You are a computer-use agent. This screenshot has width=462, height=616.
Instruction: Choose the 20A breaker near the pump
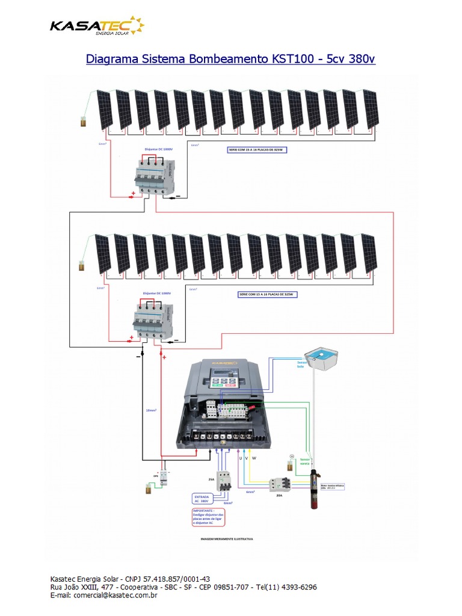[279, 484]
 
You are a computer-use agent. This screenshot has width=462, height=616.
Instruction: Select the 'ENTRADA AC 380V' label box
[201, 499]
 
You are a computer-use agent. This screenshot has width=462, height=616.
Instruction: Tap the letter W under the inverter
[254, 458]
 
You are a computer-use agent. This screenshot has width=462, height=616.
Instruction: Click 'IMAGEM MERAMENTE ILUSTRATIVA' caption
[226, 539]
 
